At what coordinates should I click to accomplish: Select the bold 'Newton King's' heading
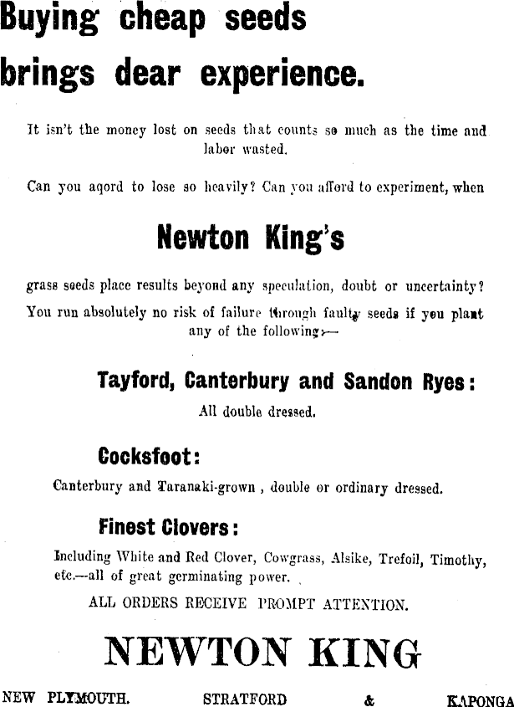tap(250, 239)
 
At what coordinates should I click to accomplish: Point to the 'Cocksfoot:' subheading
tap(149, 457)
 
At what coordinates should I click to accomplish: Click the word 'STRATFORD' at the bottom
tap(245, 699)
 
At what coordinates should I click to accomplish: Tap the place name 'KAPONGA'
tap(480, 699)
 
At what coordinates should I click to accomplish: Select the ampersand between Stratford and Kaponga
tap(370, 699)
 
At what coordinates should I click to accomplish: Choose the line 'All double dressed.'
tap(256, 412)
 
